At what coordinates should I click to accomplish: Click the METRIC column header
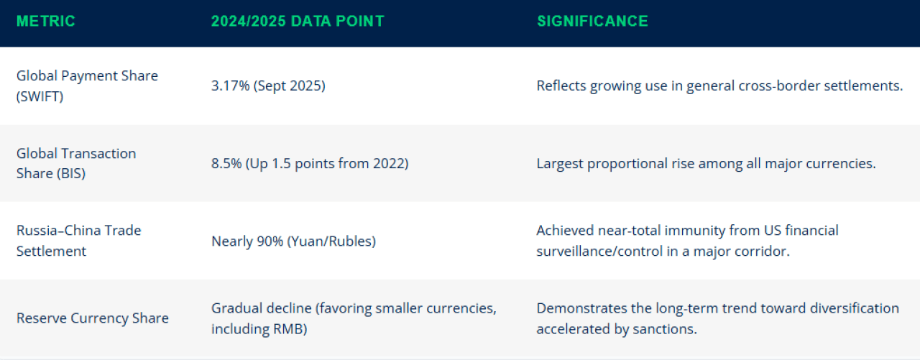[46, 22]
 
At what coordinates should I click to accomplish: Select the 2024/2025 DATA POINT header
[298, 22]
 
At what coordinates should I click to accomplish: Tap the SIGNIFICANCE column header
[592, 22]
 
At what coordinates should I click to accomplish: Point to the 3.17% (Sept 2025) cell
[268, 86]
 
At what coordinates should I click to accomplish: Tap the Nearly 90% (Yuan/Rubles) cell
[293, 241]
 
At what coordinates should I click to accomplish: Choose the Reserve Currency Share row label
[93, 318]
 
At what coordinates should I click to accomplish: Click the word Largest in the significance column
[561, 164]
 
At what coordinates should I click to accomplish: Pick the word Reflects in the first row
[561, 86]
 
